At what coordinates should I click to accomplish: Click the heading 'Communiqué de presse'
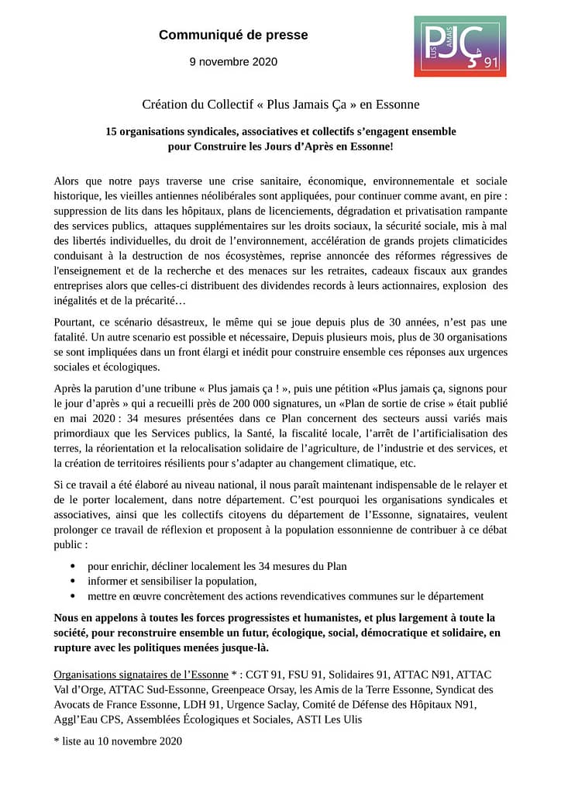pos(233,35)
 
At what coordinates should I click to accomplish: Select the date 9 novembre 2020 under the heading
pos(233,62)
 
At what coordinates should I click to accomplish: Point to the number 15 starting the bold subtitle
pos(112,131)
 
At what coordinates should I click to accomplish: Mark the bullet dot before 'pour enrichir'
pos(73,567)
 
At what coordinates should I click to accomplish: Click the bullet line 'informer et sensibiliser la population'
pos(171,581)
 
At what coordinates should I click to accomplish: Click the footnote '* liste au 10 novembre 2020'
pos(118,741)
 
